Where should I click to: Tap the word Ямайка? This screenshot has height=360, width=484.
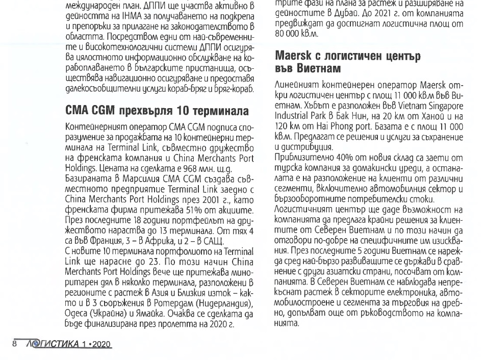(x=162, y=311)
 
